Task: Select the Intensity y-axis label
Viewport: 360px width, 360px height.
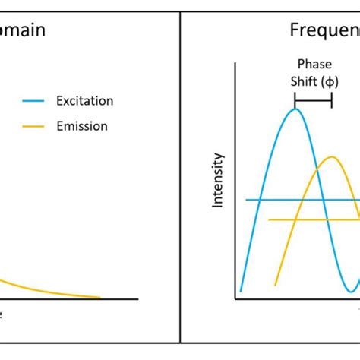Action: tap(218, 181)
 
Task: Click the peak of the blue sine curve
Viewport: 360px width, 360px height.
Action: tap(295, 109)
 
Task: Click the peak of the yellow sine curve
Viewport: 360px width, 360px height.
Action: tap(331, 157)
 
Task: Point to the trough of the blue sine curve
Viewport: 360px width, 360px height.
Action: tap(350, 292)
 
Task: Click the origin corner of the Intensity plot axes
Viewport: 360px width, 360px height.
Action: tap(236, 299)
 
